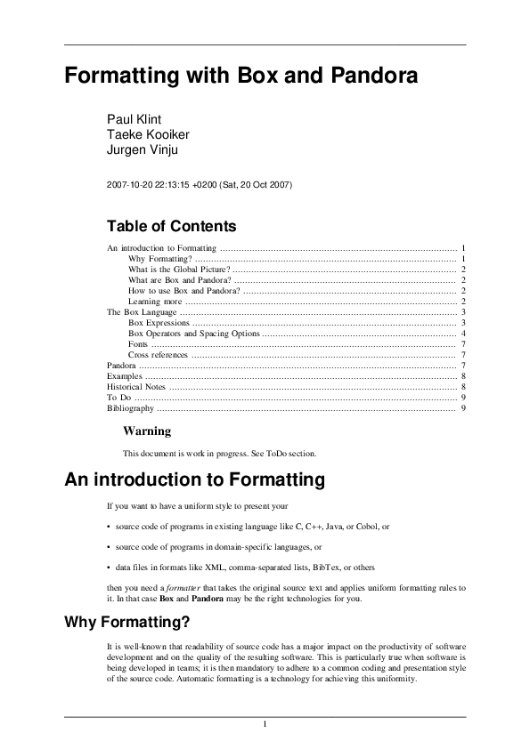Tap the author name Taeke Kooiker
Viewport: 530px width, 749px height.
tap(148, 134)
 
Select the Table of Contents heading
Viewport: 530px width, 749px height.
tap(171, 226)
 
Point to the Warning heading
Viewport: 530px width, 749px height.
tap(147, 431)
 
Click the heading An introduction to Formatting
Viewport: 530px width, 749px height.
tap(194, 481)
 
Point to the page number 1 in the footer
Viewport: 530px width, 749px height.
tap(265, 724)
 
